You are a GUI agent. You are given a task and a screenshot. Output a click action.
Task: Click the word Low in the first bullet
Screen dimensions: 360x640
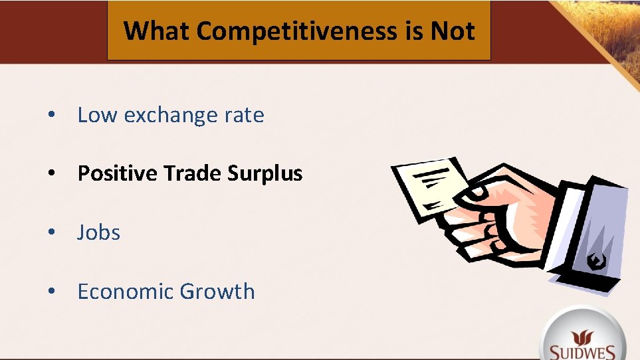tap(97, 115)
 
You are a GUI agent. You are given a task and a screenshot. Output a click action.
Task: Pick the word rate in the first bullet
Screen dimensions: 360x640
tap(244, 116)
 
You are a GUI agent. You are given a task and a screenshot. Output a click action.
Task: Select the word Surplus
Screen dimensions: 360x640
tap(265, 174)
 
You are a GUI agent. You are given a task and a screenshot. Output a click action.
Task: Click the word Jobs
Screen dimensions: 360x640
tap(99, 232)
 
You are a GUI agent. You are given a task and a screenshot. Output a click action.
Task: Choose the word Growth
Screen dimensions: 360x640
tap(217, 292)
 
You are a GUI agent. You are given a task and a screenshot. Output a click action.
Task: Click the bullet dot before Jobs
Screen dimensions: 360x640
tap(51, 233)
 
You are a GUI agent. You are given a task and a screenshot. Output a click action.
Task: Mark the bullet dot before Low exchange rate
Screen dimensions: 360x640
tap(51, 116)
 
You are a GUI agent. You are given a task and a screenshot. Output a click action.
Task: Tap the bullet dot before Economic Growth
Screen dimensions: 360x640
tap(51, 292)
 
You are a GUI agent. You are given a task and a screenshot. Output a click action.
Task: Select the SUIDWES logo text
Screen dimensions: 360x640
tap(583, 351)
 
